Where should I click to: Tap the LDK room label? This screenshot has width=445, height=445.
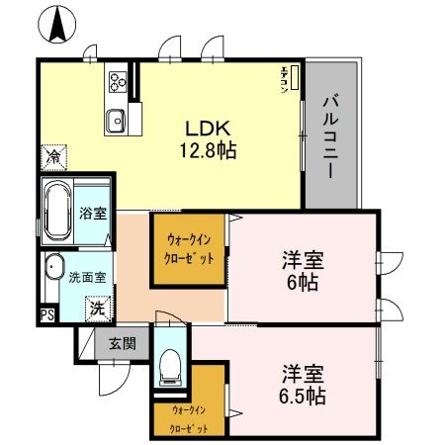pos(208,130)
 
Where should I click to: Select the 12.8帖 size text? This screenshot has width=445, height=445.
pos(208,151)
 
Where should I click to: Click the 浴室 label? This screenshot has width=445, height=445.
pos(93,212)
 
